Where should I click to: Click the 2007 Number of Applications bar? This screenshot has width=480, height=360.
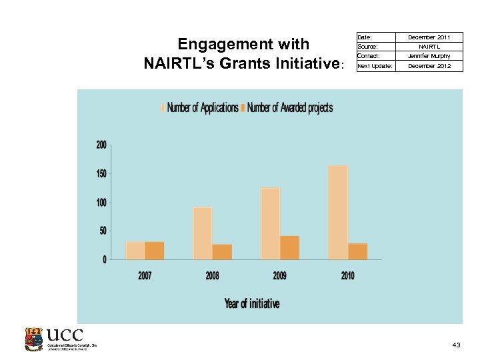click(x=135, y=250)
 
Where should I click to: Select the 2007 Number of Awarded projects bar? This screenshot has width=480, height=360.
click(x=155, y=250)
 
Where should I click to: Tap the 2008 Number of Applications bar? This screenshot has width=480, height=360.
click(x=203, y=233)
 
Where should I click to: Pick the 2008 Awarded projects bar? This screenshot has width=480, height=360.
click(x=222, y=251)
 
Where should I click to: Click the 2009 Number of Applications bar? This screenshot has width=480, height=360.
click(x=270, y=223)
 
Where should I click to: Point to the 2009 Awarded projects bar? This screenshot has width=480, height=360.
click(x=289, y=247)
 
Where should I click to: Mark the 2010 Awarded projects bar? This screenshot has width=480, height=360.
click(x=357, y=251)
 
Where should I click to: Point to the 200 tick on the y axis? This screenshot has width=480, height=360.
click(x=101, y=145)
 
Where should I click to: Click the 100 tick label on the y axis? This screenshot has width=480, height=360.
click(x=101, y=202)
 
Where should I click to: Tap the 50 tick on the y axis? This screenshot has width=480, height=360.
click(x=103, y=231)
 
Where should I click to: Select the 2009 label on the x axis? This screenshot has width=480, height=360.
click(x=280, y=275)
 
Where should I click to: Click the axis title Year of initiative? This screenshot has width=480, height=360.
click(x=252, y=303)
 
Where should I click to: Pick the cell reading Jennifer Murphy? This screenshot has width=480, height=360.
click(x=429, y=56)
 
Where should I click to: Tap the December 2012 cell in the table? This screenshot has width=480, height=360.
click(x=429, y=66)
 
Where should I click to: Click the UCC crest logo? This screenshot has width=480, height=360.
click(x=33, y=339)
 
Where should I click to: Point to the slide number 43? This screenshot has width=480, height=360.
click(x=456, y=345)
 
